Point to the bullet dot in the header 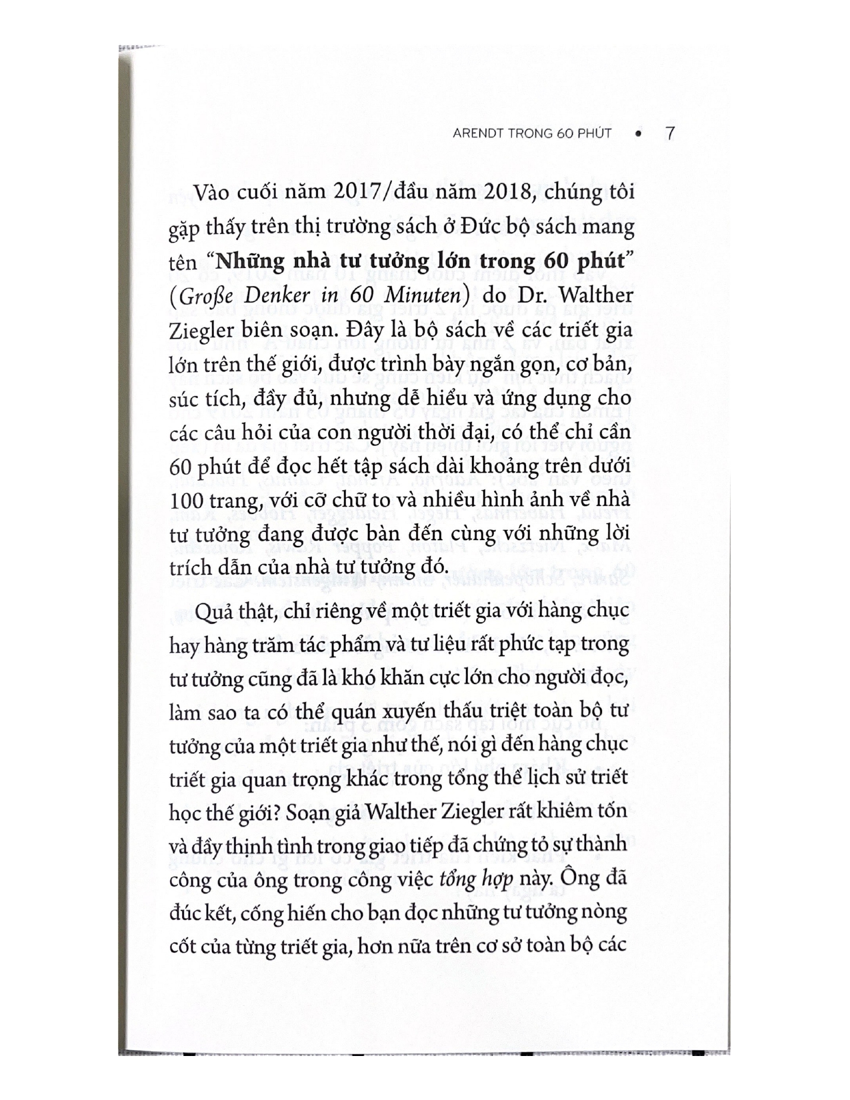(639, 134)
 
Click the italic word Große (204, 295)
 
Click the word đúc (185, 912)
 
